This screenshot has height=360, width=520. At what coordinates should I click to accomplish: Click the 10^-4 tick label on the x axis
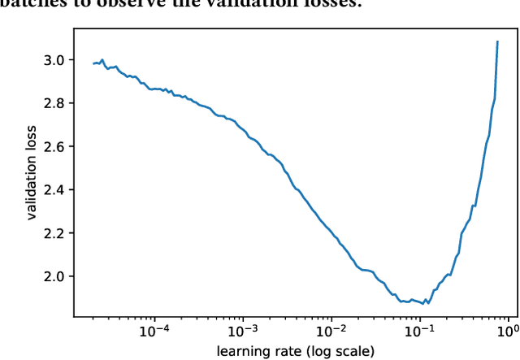[154, 331]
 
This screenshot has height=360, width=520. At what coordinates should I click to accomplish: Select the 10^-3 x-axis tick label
[243, 331]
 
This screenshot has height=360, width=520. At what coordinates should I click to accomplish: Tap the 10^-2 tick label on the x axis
[331, 331]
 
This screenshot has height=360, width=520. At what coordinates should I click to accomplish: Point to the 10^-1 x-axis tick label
[420, 331]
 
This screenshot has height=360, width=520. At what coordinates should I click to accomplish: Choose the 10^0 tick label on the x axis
[508, 331]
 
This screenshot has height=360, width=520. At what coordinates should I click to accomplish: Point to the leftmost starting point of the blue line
[93, 63]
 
